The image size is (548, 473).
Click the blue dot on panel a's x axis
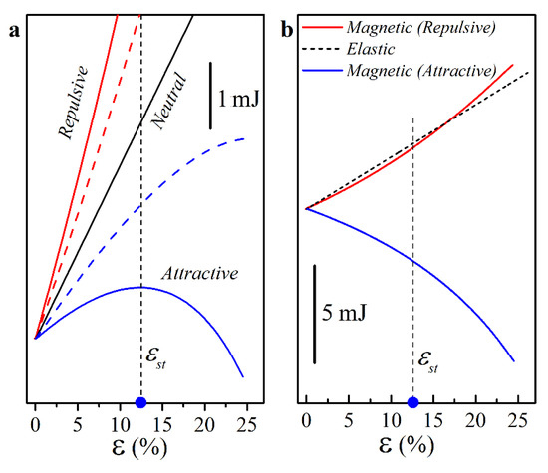click(x=140, y=402)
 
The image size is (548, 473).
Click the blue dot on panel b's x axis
click(x=412, y=402)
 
